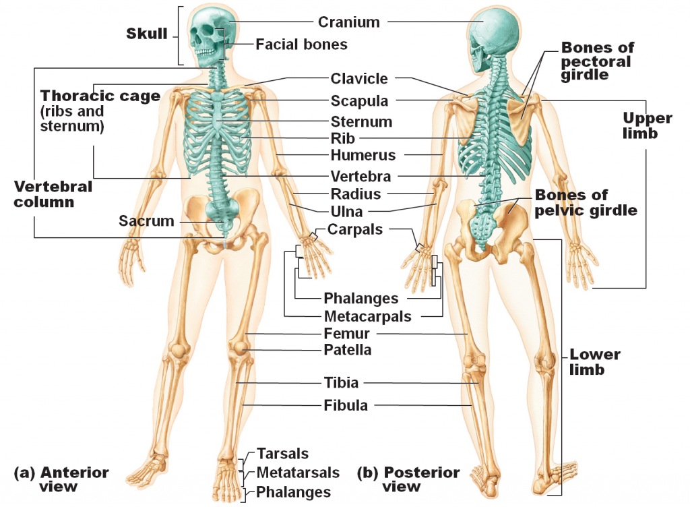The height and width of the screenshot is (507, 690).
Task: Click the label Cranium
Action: pyautogui.click(x=349, y=22)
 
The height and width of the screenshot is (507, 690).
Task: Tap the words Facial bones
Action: pyautogui.click(x=301, y=44)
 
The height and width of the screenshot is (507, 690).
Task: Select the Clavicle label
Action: pyautogui.click(x=359, y=79)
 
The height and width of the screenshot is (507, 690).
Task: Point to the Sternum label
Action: pyautogui.click(x=361, y=122)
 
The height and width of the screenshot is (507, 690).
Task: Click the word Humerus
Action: pyautogui.click(x=363, y=155)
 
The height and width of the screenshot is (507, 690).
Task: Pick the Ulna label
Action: pyautogui.click(x=346, y=212)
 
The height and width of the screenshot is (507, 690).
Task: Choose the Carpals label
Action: pyautogui.click(x=355, y=230)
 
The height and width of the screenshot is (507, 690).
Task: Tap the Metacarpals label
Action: pyautogui.click(x=367, y=316)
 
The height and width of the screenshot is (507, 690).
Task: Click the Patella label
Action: pyautogui.click(x=348, y=350)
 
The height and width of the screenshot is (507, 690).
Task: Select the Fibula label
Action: pyautogui.click(x=346, y=405)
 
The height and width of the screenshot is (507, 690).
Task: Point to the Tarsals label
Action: pyautogui.click(x=282, y=454)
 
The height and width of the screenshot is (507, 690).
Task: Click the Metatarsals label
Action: pyautogui.click(x=298, y=473)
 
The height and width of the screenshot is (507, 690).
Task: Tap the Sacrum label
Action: pyautogui.click(x=146, y=221)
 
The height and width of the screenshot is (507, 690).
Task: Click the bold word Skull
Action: pyautogui.click(x=146, y=34)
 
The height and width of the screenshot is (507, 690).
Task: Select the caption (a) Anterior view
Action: pyautogui.click(x=61, y=479)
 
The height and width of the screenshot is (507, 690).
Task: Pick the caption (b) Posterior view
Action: pyautogui.click(x=408, y=479)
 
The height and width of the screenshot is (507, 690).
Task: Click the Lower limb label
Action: pyautogui.click(x=594, y=362)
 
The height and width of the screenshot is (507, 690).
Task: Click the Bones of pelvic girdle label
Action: pyautogui.click(x=586, y=202)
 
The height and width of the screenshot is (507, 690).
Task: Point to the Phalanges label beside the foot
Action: pyautogui.click(x=293, y=492)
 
